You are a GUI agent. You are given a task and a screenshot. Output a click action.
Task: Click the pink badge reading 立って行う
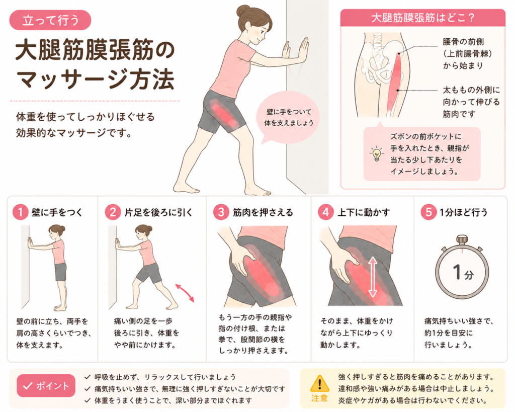(x=50, y=20)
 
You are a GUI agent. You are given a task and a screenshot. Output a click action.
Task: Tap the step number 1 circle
(x=20, y=212)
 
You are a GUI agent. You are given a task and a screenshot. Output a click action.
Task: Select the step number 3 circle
(x=221, y=212)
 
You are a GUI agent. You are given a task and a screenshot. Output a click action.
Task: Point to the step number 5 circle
(x=428, y=212)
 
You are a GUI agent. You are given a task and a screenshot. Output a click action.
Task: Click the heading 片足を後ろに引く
(x=158, y=213)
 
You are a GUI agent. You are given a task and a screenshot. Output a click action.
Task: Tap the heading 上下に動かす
(x=364, y=213)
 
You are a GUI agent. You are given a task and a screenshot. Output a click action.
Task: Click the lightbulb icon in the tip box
(x=376, y=153)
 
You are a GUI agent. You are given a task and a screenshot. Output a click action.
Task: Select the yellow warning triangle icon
(x=319, y=383)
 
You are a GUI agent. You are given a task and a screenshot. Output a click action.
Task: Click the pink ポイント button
(x=46, y=386)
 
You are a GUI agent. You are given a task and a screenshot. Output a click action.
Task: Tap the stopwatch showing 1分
(x=462, y=269)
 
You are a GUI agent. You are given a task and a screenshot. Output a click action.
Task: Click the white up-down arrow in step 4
(x=373, y=277)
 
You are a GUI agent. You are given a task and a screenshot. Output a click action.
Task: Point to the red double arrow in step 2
(x=185, y=293)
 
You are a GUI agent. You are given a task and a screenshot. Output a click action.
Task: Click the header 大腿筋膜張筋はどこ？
(x=423, y=18)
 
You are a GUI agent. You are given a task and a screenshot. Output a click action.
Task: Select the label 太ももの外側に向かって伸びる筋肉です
(x=471, y=102)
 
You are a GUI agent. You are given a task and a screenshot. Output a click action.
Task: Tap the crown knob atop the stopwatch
(x=462, y=239)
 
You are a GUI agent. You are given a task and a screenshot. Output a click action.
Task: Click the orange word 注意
(x=319, y=398)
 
